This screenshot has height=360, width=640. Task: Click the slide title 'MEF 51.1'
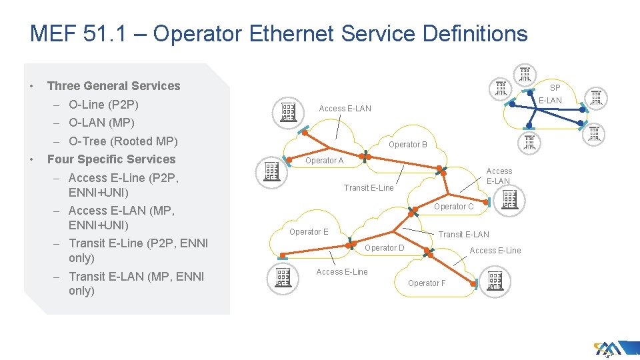tap(278, 34)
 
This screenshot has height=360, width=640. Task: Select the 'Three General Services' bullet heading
tap(113, 86)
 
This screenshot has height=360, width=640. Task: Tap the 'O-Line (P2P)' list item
tap(103, 105)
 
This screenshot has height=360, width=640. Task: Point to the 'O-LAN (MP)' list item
tap(101, 123)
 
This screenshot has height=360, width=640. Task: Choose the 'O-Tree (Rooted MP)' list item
tap(123, 141)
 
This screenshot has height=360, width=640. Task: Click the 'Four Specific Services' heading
tap(111, 159)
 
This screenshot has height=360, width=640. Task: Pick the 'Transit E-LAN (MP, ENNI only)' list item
tap(136, 283)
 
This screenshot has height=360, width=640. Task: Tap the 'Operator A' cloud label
tap(324, 161)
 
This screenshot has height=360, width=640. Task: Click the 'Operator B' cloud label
tap(408, 145)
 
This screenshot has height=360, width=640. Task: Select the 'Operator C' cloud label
tap(453, 207)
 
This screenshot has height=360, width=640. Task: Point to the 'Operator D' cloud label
tap(385, 248)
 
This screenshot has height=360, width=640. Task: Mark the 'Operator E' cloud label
tap(309, 232)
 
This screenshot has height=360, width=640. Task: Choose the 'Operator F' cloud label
tap(427, 283)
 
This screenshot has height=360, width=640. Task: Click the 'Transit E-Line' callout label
tap(369, 188)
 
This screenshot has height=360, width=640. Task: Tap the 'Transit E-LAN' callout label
tap(463, 235)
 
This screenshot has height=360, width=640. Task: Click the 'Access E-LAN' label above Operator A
tap(345, 109)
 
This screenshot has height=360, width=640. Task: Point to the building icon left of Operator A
tap(271, 171)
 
